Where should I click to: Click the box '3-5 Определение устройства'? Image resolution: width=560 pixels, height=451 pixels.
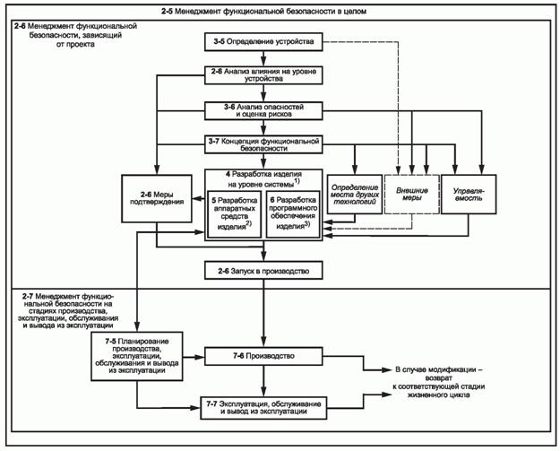(262, 41)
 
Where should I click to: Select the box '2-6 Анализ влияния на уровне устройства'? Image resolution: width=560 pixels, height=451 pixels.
(262, 74)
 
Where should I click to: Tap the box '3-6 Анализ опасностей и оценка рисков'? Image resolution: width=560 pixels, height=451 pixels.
(262, 109)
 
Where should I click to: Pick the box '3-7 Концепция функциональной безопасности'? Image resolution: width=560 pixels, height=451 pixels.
(262, 144)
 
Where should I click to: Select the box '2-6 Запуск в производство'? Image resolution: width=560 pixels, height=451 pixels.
(262, 269)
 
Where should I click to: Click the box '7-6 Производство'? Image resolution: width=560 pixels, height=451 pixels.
(262, 356)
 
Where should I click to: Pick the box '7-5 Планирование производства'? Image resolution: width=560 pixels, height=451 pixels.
(136, 356)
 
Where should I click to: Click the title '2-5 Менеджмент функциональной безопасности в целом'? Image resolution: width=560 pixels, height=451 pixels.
(280, 9)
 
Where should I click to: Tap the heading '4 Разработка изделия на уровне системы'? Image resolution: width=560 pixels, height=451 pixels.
(262, 177)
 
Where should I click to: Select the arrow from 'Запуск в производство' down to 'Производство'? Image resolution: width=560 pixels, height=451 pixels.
(262, 314)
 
